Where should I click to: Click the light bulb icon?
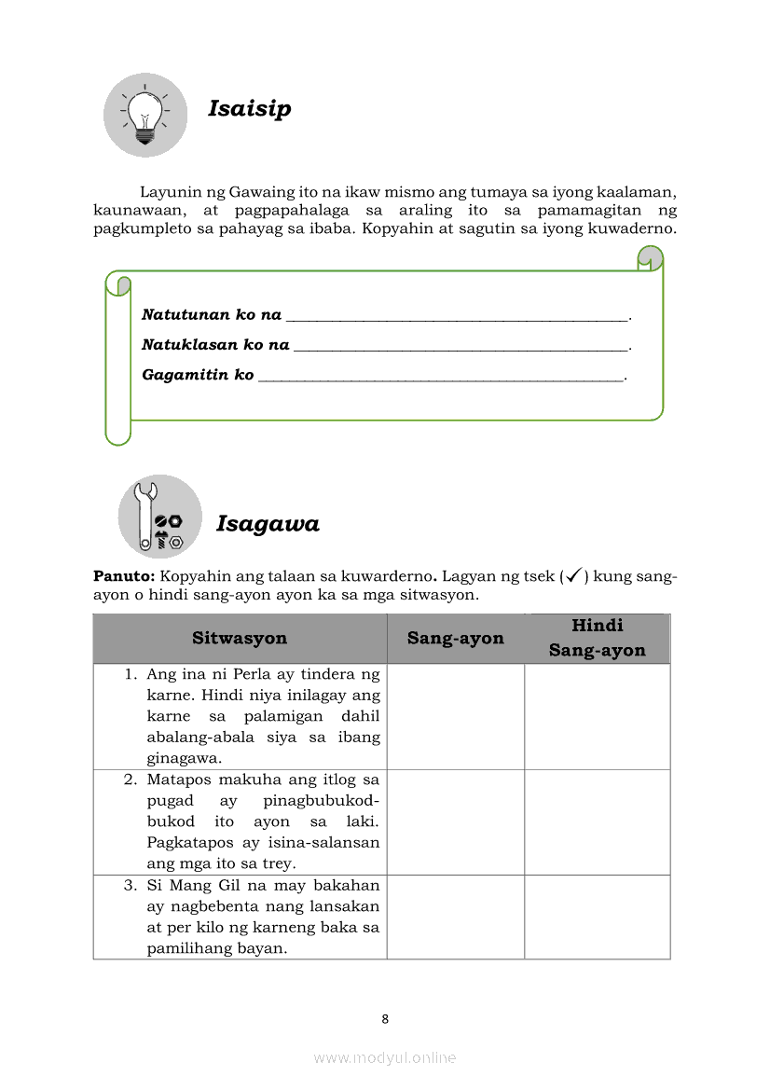(x=144, y=115)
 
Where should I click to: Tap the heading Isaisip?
(x=249, y=108)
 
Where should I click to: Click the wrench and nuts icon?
(x=159, y=517)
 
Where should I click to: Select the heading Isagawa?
(x=268, y=524)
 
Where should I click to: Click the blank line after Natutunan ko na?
(x=457, y=316)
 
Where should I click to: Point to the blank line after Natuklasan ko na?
(x=461, y=346)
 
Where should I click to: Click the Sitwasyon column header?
(x=240, y=639)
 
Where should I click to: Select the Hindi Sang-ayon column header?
(x=597, y=638)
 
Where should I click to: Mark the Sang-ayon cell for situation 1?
(x=455, y=716)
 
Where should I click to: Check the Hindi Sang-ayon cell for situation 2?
(x=597, y=821)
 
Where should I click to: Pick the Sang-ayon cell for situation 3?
(x=455, y=917)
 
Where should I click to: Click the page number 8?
(x=385, y=1019)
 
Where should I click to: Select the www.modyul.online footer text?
(x=385, y=1057)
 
